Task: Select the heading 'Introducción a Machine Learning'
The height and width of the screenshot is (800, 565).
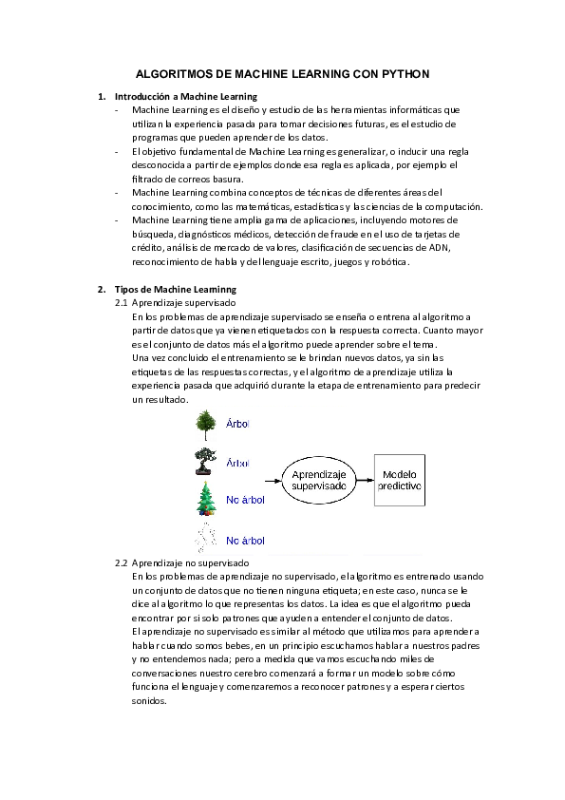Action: coord(185,97)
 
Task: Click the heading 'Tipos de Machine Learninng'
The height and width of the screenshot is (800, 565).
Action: coord(176,289)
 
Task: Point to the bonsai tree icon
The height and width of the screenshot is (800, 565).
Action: coord(204,461)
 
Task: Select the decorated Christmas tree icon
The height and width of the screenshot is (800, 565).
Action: coord(205,498)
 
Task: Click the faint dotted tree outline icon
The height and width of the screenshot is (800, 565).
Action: coord(204,537)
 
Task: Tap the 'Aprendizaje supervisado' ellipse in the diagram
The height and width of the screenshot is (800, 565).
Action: coord(318,480)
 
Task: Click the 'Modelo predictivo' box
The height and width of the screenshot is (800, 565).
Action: coord(401,480)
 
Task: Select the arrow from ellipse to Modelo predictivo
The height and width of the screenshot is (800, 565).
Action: coord(365,480)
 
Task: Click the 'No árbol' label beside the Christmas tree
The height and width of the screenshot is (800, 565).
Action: coord(245,500)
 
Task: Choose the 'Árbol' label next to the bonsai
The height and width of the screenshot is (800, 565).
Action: coord(237,463)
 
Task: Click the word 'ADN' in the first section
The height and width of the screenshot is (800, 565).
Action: coord(440,248)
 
